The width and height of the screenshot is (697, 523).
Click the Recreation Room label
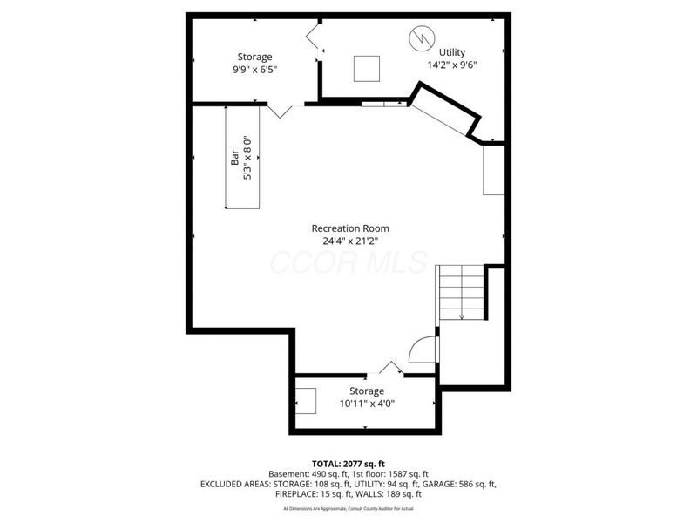click(350, 228)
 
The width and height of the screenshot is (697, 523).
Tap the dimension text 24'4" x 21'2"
click(350, 241)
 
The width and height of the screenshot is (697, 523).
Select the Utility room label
click(452, 51)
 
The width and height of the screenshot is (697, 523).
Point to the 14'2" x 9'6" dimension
click(452, 65)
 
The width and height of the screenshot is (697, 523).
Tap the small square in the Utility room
click(367, 68)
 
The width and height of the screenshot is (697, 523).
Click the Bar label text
click(234, 157)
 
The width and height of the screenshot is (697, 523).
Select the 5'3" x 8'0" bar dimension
click(247, 158)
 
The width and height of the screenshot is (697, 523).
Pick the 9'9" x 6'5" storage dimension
click(254, 69)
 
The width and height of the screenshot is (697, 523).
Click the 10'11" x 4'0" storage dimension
click(367, 404)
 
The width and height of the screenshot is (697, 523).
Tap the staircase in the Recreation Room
click(460, 292)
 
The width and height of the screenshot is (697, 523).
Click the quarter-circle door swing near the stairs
click(423, 350)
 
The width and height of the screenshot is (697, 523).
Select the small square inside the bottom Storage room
click(307, 399)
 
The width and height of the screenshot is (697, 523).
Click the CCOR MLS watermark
click(348, 261)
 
